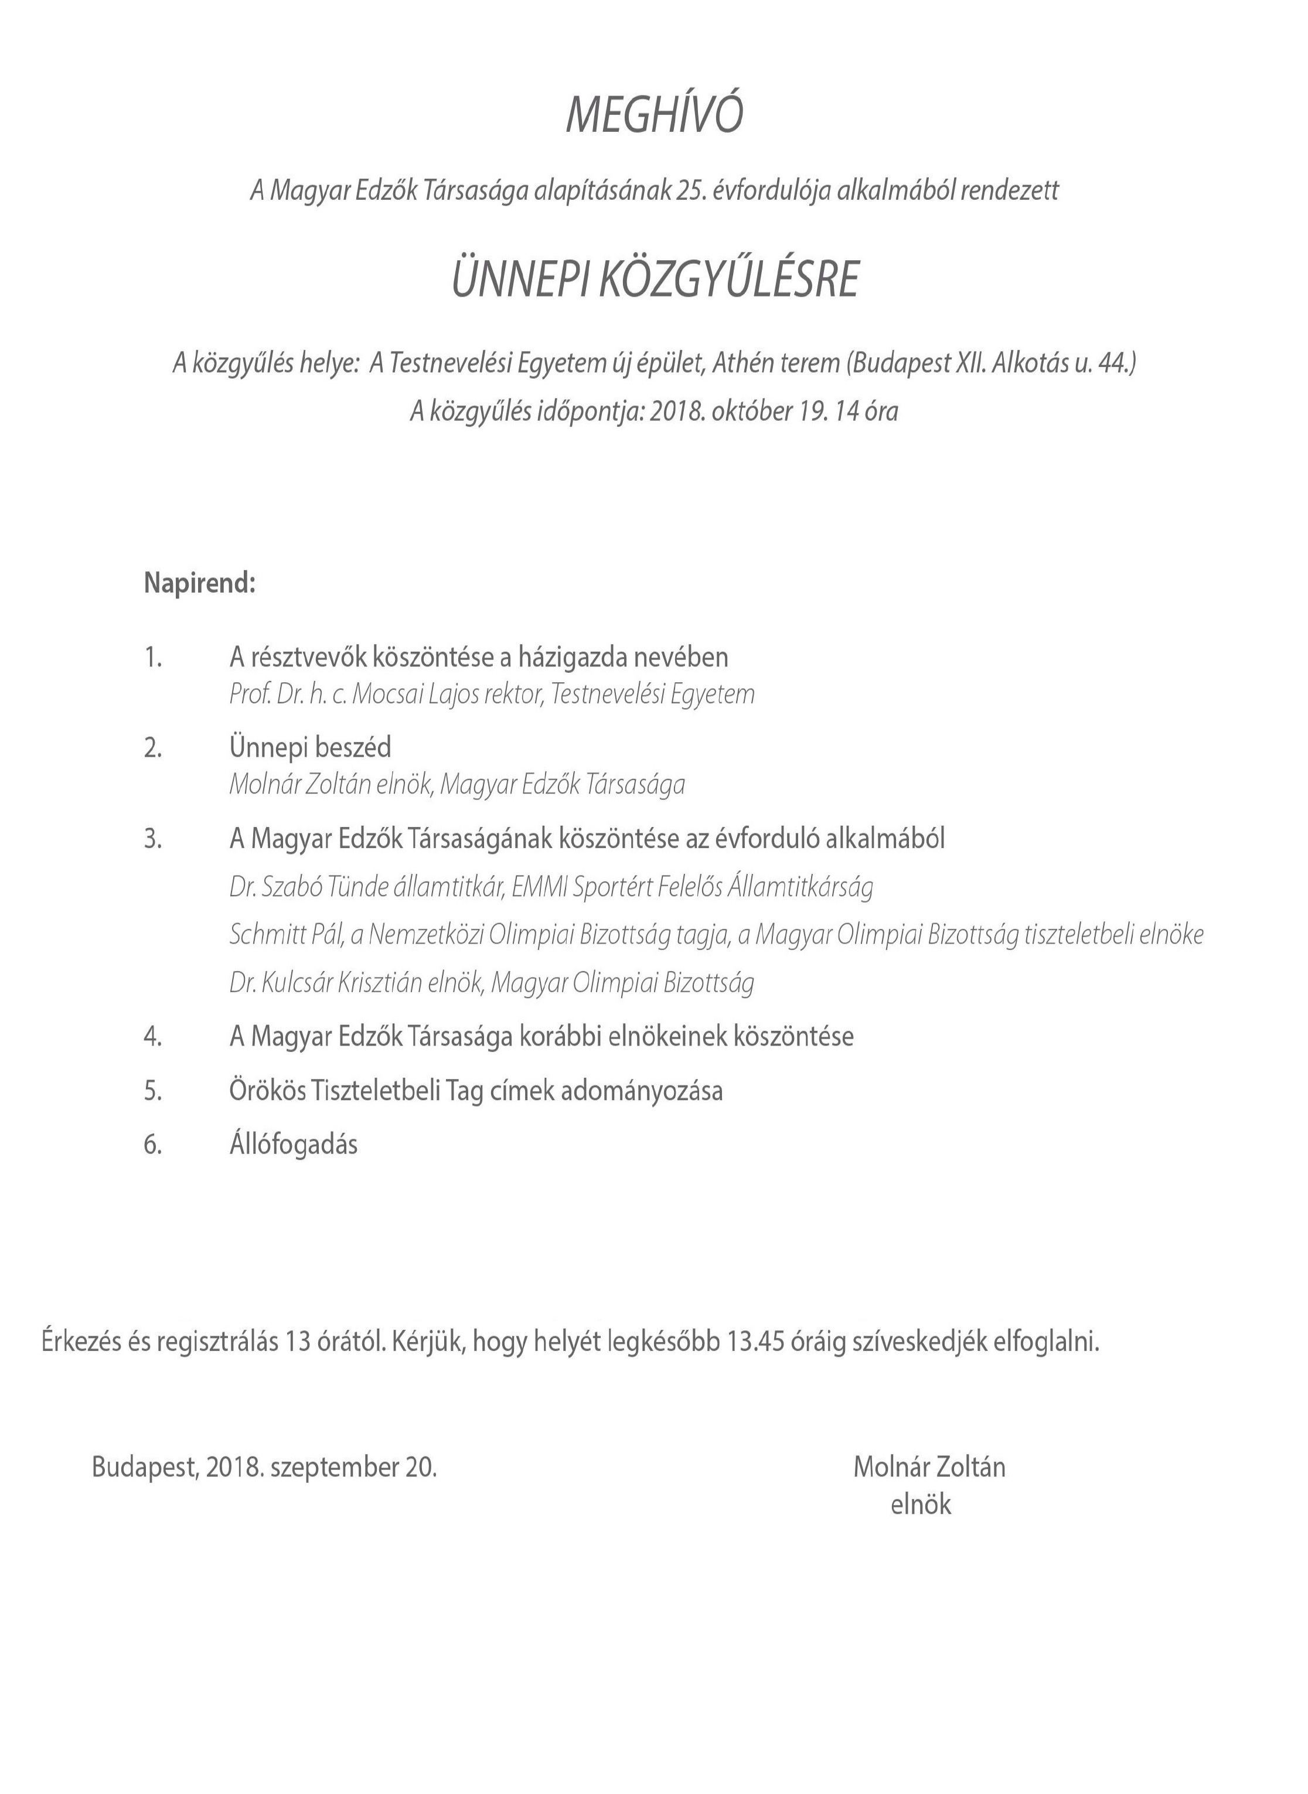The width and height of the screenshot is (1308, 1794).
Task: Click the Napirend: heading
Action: pos(199,584)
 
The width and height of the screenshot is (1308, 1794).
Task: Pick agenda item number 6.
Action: pos(153,1145)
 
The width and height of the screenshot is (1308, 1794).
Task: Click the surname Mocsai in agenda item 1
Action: pos(386,695)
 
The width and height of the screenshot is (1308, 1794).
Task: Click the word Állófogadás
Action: pos(293,1145)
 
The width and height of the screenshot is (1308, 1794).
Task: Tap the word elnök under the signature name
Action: pos(920,1504)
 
